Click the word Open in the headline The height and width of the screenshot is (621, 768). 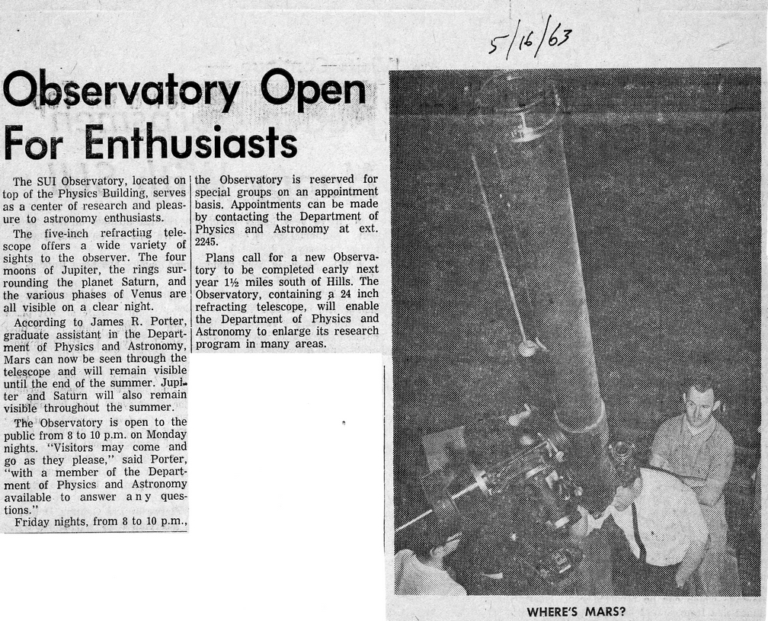coord(314,92)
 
